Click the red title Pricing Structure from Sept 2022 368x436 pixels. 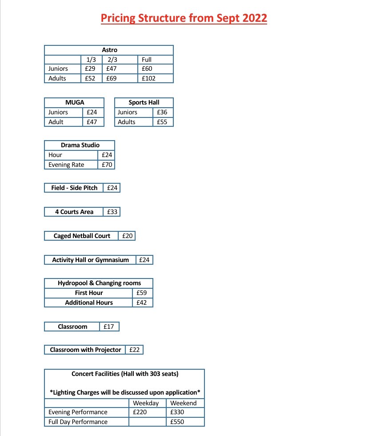184,18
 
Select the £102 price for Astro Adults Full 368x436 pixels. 149,78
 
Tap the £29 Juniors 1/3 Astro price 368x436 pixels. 90,69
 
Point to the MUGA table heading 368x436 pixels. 74,102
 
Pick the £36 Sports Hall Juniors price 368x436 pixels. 162,112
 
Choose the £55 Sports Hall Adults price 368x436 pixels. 162,122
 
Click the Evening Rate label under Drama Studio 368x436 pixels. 66,165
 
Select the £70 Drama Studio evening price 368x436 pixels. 107,165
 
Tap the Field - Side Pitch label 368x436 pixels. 74,188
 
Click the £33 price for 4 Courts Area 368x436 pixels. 112,212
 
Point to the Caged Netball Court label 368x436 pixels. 82,236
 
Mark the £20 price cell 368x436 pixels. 128,236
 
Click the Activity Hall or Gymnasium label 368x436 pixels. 90,260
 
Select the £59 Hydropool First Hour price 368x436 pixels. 142,293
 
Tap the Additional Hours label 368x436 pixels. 89,303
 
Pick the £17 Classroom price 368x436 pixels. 109,327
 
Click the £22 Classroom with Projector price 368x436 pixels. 134,350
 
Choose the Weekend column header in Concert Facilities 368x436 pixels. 184,403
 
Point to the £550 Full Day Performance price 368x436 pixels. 177,422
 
